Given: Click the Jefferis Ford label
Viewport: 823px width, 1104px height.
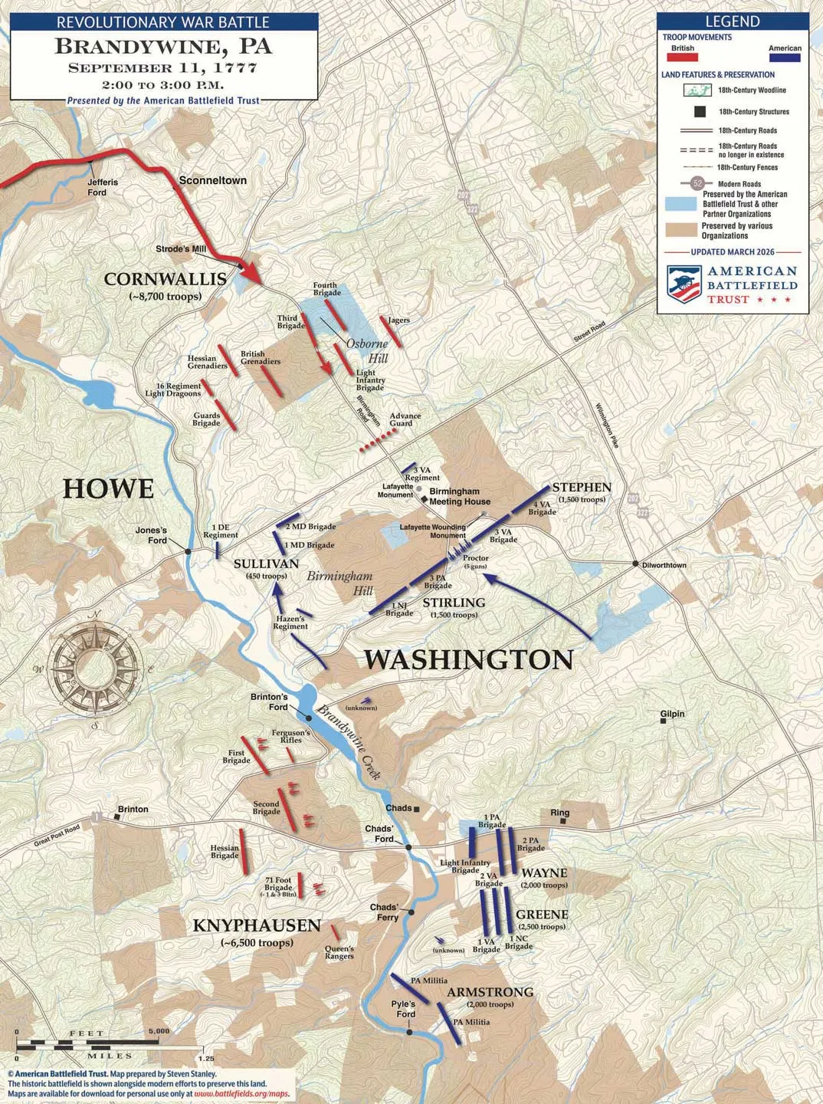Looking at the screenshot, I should [102, 187].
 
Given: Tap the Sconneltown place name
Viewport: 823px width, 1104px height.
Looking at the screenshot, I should [212, 181].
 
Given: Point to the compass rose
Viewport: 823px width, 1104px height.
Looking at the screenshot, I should [94, 669].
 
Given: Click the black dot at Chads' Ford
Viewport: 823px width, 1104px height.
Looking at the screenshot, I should [409, 847].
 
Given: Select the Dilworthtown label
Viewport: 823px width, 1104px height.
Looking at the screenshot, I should [663, 565].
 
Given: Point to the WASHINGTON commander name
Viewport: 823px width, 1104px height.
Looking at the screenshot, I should [467, 660].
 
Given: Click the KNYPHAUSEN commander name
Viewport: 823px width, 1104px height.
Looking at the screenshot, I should [256, 926].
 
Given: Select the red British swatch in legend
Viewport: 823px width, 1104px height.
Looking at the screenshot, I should [682, 58].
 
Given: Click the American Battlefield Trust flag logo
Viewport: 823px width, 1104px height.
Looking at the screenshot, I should [684, 284].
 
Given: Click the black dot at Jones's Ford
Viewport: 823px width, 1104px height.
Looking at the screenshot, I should [188, 550].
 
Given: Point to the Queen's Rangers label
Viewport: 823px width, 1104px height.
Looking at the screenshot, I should [339, 952].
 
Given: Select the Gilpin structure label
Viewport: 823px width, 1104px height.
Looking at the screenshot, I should [672, 714].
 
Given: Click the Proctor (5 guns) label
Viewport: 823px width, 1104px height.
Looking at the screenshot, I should [475, 562].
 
